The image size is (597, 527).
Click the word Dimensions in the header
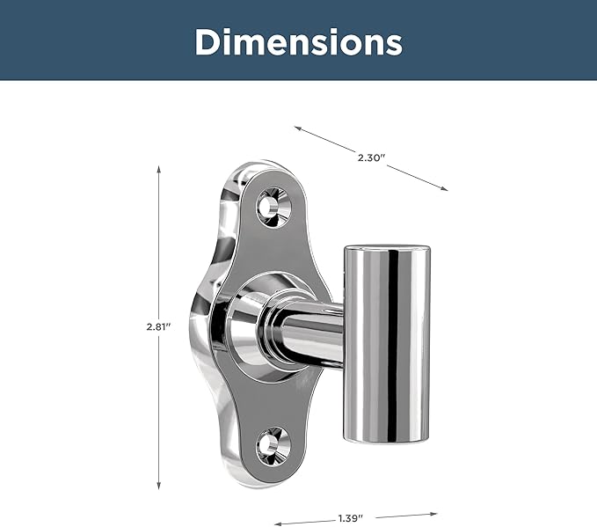(x=299, y=42)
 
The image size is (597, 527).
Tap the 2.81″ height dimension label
(x=159, y=327)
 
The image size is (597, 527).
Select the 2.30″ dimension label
(x=371, y=157)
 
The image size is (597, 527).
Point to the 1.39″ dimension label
(x=350, y=518)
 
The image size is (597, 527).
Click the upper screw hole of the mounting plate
(x=273, y=208)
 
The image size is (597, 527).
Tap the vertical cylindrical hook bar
(x=387, y=345)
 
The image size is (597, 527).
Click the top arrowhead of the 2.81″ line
(x=159, y=169)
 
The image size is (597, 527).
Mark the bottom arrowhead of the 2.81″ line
(x=159, y=486)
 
